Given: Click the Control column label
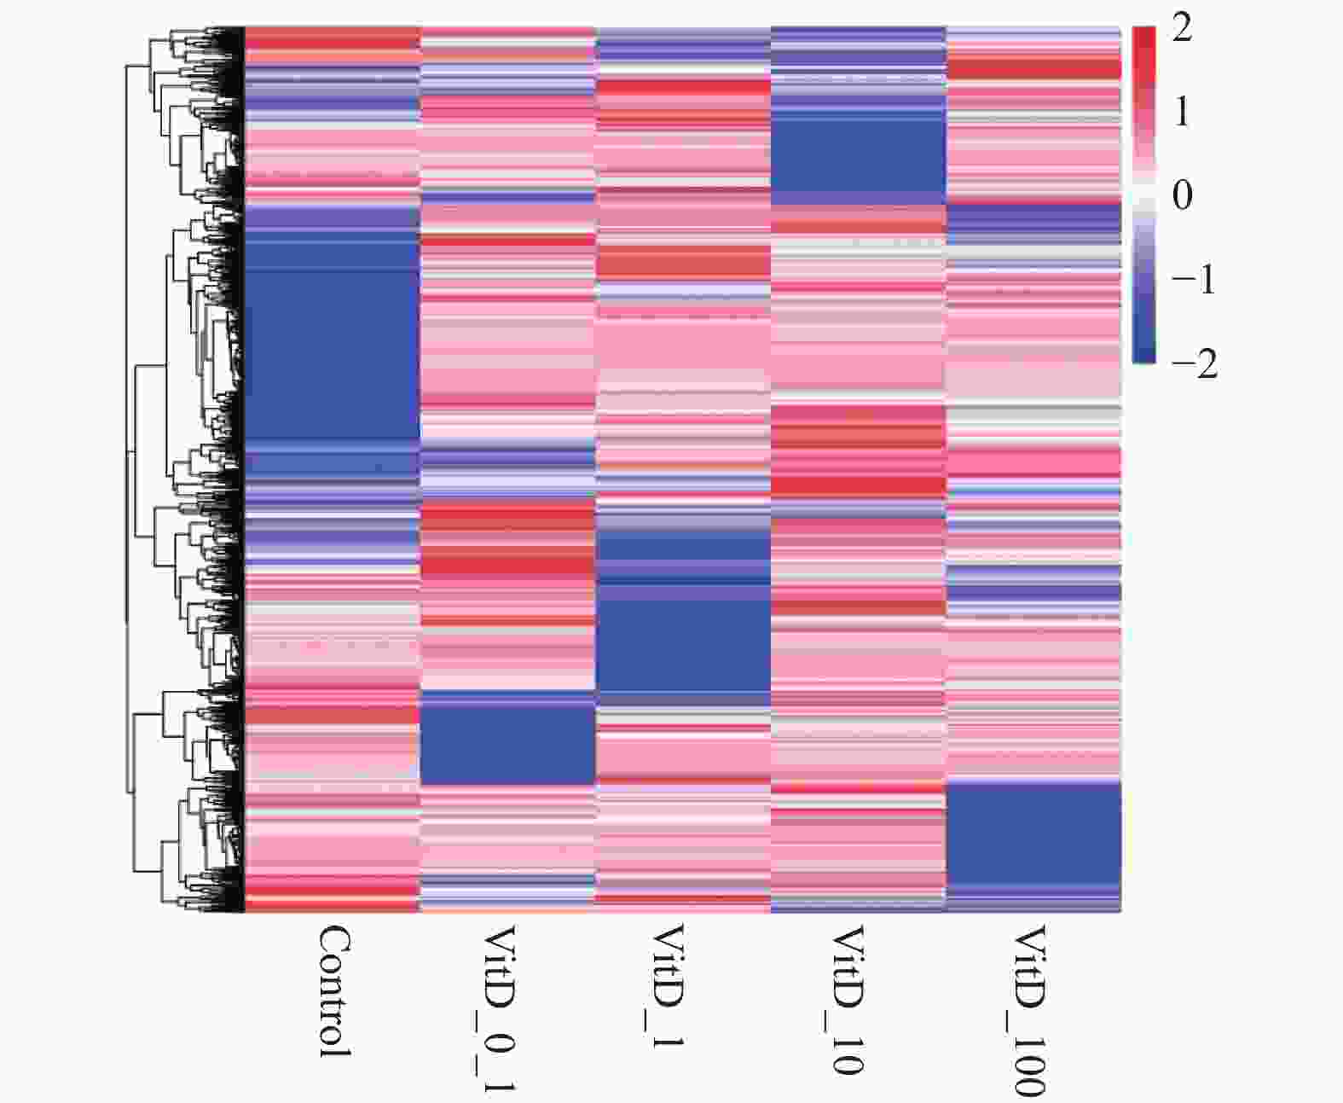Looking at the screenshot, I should point(334,992).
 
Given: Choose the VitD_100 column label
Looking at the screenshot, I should point(1028,1010).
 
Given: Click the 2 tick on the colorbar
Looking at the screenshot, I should point(1182,30).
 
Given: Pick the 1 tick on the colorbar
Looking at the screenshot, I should point(1182,112).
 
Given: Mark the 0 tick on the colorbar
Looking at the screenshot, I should point(1182,195).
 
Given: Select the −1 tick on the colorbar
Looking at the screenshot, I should point(1193,280).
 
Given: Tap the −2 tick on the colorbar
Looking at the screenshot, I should point(1193,363).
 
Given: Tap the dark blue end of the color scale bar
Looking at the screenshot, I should point(1143,355).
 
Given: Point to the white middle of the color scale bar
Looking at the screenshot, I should point(1143,195).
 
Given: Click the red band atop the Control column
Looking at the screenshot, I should point(333,39).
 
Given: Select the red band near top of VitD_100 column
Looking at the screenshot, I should point(1033,68).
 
